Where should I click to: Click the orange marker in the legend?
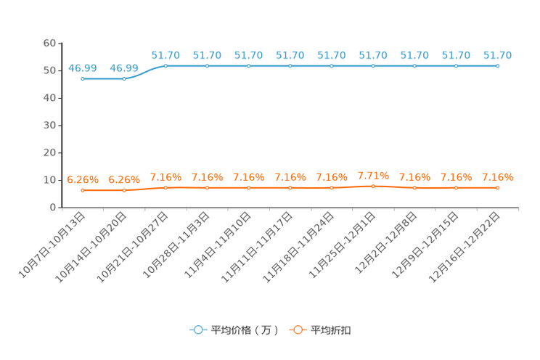[297, 330]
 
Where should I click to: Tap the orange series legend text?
[332, 330]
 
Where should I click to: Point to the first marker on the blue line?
[83, 78]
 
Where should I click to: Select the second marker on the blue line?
[124, 78]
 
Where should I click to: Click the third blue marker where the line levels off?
[165, 66]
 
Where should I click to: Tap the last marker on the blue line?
[497, 66]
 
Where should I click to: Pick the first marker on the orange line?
[83, 191]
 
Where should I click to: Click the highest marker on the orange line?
[373, 187]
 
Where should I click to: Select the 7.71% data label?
[373, 175]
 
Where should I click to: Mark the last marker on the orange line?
[497, 188]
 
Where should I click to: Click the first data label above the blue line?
[82, 68]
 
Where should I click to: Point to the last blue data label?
[498, 55]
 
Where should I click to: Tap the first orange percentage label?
[82, 179]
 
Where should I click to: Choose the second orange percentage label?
[124, 179]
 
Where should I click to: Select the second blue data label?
[124, 68]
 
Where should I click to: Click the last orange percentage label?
[497, 176]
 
